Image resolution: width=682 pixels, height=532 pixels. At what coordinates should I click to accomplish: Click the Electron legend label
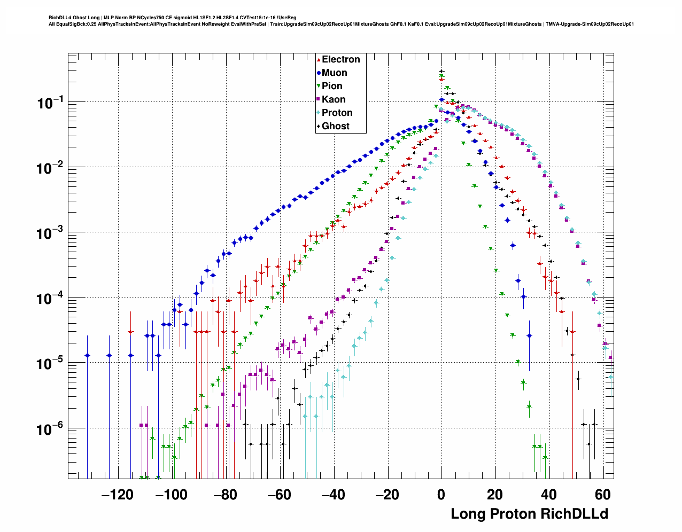[x=340, y=59]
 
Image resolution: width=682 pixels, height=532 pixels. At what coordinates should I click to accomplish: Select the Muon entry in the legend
[x=334, y=73]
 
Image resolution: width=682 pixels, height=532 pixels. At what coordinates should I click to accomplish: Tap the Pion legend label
[x=332, y=86]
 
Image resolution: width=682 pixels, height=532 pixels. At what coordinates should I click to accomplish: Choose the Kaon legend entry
[x=334, y=99]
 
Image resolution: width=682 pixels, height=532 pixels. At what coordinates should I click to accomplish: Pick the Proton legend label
[x=337, y=113]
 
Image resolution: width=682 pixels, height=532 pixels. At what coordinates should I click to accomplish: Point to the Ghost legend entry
[x=335, y=126]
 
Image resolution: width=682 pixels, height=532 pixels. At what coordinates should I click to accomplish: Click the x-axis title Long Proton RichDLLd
[x=529, y=514]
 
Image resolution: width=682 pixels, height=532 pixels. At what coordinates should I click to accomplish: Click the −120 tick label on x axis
[x=117, y=495]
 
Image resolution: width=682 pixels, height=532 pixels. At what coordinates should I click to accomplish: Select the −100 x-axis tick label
[x=171, y=495]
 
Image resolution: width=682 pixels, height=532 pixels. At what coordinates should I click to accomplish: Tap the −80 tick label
[x=225, y=495]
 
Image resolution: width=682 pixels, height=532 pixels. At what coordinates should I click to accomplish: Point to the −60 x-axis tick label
[x=279, y=495]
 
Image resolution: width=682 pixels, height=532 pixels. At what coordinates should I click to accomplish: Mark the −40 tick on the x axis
[x=333, y=495]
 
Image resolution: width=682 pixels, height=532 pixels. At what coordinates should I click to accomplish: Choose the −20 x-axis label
[x=387, y=495]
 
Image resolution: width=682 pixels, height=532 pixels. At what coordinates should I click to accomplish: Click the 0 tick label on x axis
[x=441, y=495]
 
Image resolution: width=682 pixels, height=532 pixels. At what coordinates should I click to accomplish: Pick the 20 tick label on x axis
[x=495, y=495]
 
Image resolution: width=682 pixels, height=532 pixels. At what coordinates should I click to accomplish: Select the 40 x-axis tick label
[x=549, y=495]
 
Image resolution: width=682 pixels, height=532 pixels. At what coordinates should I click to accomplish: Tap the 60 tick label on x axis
[x=603, y=495]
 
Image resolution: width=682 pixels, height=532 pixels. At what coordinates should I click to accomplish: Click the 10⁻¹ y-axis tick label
[x=50, y=103]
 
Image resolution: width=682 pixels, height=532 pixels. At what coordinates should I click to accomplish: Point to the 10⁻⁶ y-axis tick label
[x=50, y=429]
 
